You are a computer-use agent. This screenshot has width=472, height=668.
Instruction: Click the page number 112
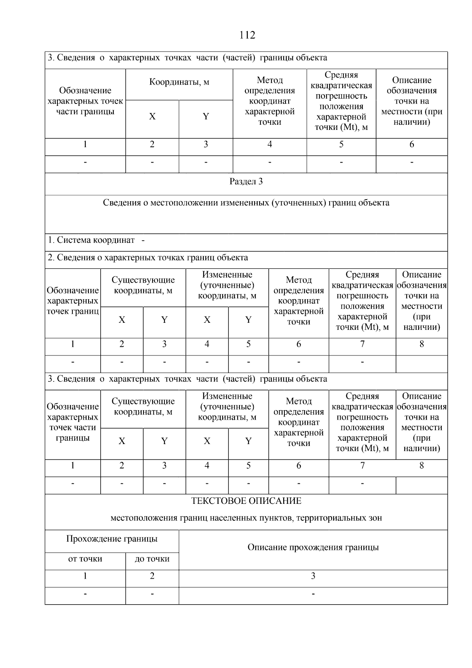tap(247, 35)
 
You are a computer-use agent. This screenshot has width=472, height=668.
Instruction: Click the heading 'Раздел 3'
tap(246, 182)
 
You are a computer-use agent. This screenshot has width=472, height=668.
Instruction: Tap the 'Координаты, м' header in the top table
tap(179, 82)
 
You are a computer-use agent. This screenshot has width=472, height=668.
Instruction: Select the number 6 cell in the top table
tap(411, 144)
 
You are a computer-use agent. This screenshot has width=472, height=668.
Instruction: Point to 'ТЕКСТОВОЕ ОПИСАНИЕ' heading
tap(246, 501)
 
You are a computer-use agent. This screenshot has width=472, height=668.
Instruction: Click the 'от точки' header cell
tap(85, 559)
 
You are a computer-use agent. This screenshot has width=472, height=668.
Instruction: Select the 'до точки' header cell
tap(152, 559)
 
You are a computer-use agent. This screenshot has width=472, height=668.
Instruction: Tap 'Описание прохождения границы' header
tap(313, 548)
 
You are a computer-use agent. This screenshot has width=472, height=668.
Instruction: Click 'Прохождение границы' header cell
tap(112, 539)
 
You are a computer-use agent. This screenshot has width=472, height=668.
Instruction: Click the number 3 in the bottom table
tap(313, 576)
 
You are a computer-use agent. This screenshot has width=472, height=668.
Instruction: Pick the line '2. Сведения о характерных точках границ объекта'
tap(148, 258)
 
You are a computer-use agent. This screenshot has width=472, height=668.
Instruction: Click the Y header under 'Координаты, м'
tap(206, 117)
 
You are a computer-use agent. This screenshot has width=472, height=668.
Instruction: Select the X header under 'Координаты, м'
tap(152, 117)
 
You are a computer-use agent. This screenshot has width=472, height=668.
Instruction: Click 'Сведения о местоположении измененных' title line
tap(246, 203)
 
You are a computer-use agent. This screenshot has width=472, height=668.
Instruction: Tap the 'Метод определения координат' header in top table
tap(269, 101)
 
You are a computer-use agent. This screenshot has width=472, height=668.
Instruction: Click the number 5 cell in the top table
tap(341, 144)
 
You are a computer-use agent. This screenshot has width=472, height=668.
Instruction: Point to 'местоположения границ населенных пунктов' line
tap(246, 518)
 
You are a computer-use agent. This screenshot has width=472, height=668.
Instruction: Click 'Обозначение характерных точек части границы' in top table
tap(85, 101)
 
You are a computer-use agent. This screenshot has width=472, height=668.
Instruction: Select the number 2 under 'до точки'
tap(152, 576)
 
